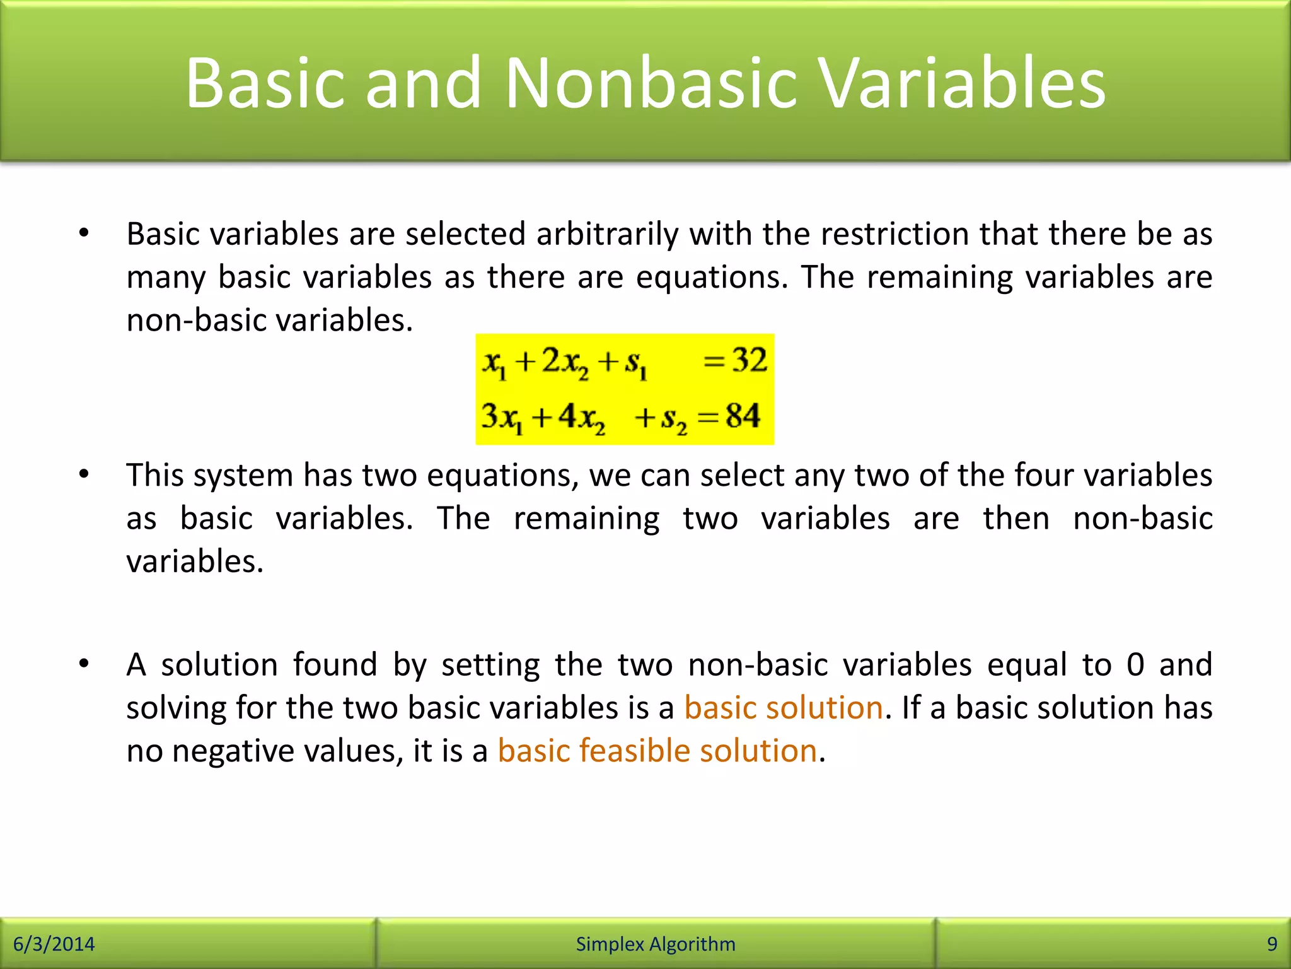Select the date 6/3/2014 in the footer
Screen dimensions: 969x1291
(54, 944)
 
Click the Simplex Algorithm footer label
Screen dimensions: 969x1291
(656, 944)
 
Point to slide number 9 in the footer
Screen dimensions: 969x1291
(1271, 944)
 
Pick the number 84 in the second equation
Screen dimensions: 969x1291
(743, 416)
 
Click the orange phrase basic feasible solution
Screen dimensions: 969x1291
(657, 751)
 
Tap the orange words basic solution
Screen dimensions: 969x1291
(784, 708)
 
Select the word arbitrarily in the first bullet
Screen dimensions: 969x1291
(608, 235)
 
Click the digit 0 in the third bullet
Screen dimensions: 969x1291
(1135, 665)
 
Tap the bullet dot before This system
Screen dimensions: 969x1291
(84, 474)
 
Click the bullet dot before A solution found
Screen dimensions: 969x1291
(84, 664)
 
